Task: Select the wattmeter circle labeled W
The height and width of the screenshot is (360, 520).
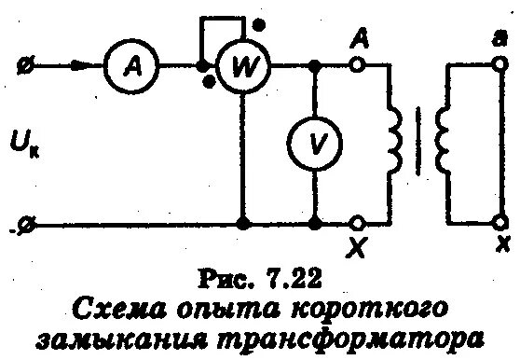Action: click(x=241, y=68)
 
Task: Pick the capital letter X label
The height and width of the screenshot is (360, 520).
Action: click(x=357, y=249)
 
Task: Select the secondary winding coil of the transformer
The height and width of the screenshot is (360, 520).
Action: click(x=442, y=145)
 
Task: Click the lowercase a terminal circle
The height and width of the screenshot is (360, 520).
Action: click(x=499, y=67)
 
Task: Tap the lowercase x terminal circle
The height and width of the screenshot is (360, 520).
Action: click(x=499, y=224)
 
